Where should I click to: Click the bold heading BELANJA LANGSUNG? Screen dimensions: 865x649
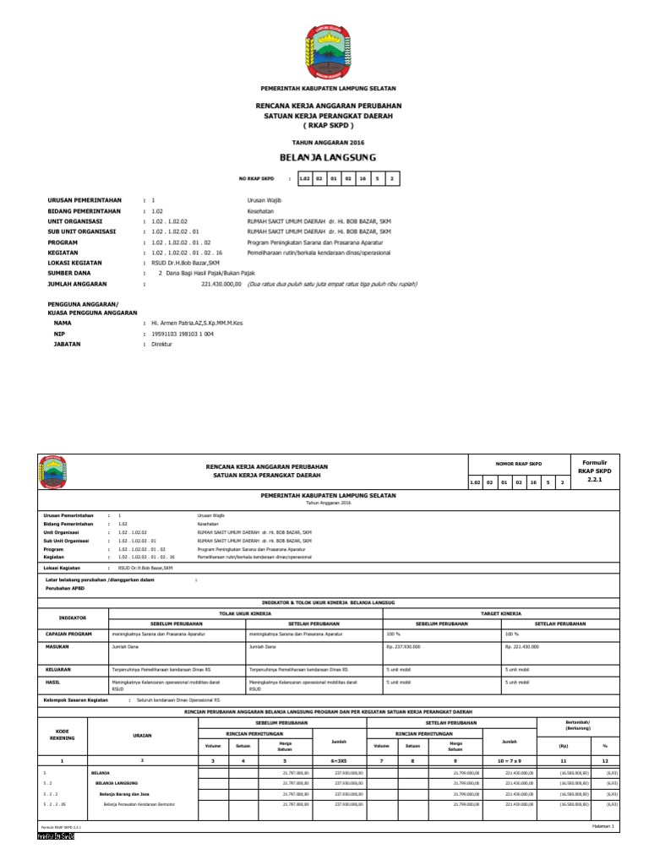coord(328,158)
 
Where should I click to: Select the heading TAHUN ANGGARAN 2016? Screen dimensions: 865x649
coord(328,142)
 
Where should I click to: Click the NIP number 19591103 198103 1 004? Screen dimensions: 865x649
coord(183,334)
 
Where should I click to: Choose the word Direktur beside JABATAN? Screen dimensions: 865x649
coord(161,345)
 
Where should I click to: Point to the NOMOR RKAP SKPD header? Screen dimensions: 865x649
coord(519,463)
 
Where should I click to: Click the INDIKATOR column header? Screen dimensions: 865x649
coord(73,617)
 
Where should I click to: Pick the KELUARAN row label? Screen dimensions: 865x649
coord(58,668)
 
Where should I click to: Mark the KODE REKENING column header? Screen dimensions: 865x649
coord(62,733)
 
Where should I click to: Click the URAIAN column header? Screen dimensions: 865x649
coord(142,736)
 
